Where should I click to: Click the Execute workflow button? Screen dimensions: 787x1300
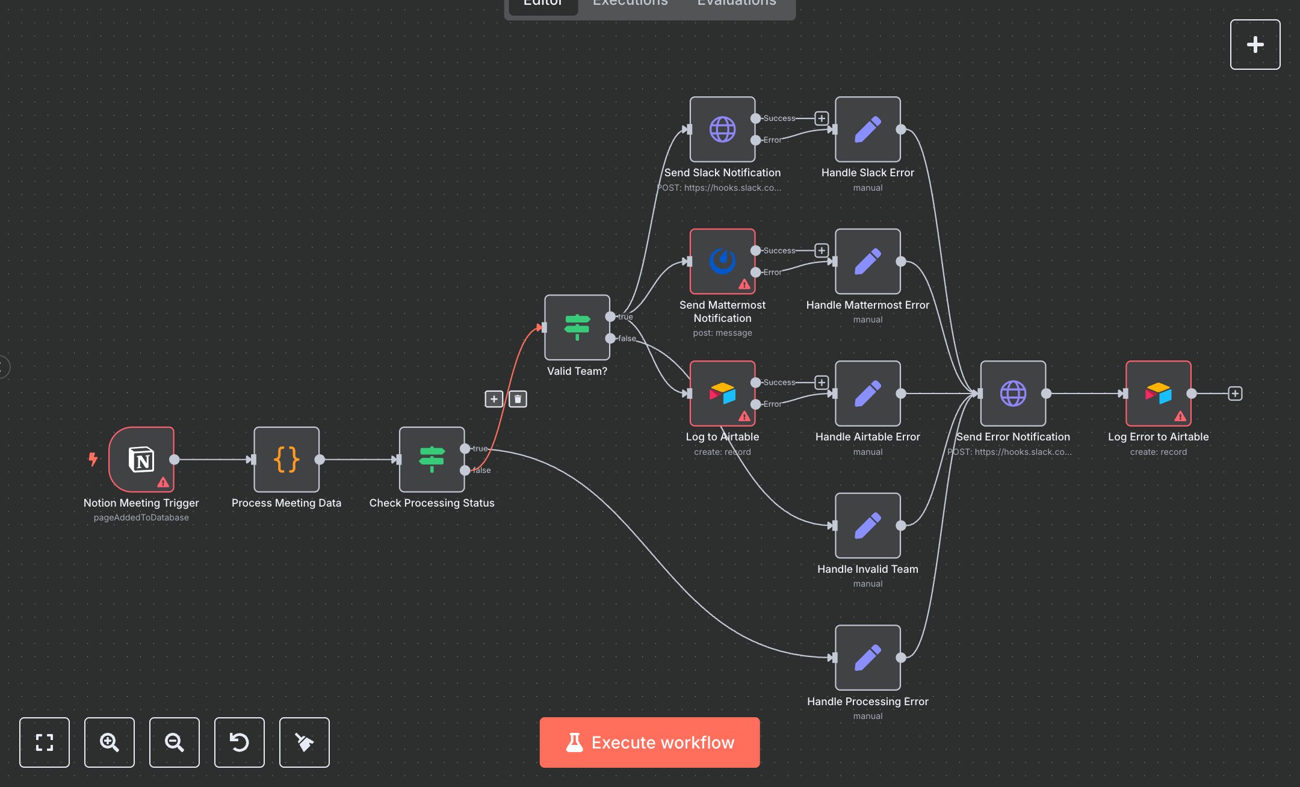(x=649, y=742)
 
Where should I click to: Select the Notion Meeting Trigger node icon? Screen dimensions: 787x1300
(x=141, y=460)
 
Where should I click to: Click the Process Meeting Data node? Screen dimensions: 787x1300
(x=286, y=460)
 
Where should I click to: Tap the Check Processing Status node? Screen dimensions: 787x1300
(x=432, y=460)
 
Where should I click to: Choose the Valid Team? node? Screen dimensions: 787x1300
(x=577, y=327)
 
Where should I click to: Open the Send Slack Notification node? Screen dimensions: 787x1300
(x=722, y=129)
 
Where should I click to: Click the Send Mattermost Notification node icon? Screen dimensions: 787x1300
(x=722, y=261)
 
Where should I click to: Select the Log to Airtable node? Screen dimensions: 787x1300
(x=722, y=393)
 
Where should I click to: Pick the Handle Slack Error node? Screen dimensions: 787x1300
(x=867, y=129)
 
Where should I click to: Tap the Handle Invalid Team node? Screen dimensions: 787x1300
(x=867, y=525)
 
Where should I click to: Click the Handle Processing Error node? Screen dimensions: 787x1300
(x=867, y=658)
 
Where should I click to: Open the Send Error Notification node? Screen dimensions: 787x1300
(x=1013, y=393)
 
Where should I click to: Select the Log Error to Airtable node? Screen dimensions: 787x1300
(x=1158, y=393)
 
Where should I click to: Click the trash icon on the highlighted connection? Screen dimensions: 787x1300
(x=518, y=399)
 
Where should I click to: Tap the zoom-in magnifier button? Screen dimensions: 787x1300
(x=109, y=742)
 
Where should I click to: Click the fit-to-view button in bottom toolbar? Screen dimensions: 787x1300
(x=45, y=742)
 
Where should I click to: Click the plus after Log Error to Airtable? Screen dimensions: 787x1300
(x=1235, y=393)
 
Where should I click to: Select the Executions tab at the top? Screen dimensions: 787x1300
(x=630, y=3)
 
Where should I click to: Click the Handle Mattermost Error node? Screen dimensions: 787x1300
(x=867, y=261)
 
